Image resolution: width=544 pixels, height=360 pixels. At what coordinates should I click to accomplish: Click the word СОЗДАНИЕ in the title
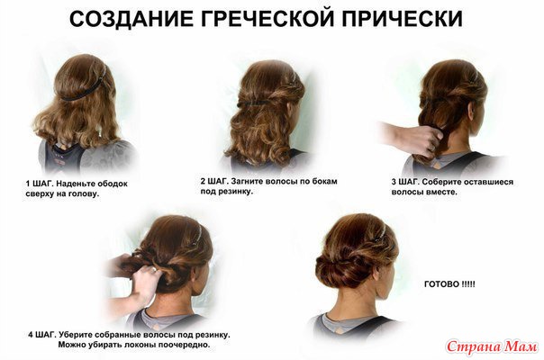[x=131, y=19]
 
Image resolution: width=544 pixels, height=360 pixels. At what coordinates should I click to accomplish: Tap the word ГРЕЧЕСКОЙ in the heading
[x=267, y=19]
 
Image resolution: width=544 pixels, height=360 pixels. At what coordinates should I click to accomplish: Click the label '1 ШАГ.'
[x=39, y=184]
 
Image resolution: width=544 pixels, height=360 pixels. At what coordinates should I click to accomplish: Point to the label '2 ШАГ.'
[x=213, y=181]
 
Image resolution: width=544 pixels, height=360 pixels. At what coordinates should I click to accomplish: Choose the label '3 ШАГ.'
[x=405, y=182]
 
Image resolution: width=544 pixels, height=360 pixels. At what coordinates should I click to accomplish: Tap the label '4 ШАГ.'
[x=42, y=335]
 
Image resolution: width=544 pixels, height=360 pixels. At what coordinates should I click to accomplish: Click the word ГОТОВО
[x=441, y=284]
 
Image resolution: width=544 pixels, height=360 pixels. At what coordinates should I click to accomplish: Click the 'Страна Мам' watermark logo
[x=492, y=346]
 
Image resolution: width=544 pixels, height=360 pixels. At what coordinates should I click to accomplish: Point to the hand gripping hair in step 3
[x=414, y=138]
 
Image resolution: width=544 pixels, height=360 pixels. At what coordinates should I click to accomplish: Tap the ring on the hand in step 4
[x=153, y=270]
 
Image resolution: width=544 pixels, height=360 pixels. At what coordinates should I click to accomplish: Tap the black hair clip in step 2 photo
[x=254, y=103]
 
